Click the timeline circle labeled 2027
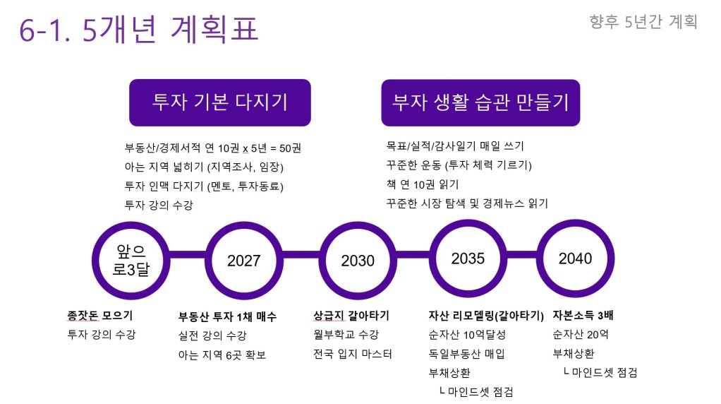(x=243, y=261)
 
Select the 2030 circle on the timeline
(x=358, y=261)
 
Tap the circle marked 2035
(x=468, y=259)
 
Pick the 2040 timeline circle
(x=575, y=259)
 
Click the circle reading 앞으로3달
(x=131, y=261)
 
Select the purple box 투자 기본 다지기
(x=220, y=102)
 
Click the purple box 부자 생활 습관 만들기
(x=480, y=102)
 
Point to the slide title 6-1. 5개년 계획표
(x=138, y=29)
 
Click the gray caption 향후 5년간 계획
(x=643, y=22)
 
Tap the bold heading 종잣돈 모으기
(x=99, y=316)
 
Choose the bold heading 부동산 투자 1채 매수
(x=228, y=316)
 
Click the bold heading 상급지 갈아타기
(x=351, y=316)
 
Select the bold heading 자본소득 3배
(x=583, y=315)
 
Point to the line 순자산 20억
(x=581, y=335)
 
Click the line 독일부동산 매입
(x=467, y=354)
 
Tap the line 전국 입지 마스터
(x=353, y=354)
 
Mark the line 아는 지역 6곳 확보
(x=222, y=355)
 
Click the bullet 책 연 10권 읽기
(x=423, y=184)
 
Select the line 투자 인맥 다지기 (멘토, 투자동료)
(x=204, y=186)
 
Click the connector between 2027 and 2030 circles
(x=301, y=254)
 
